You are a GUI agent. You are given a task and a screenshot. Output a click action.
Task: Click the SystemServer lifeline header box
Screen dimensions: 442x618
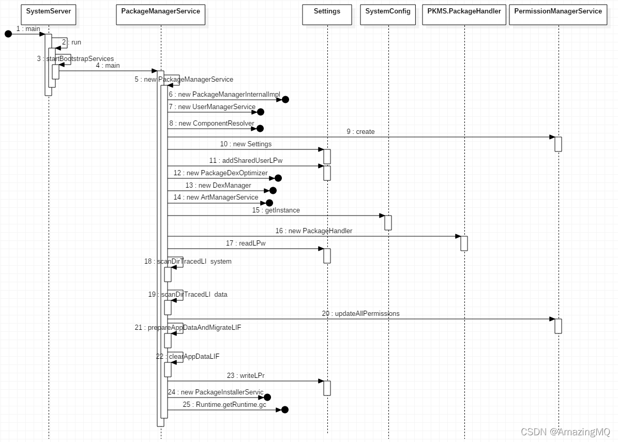point(48,14)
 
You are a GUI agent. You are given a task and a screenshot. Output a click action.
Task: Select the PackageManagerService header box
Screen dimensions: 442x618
point(160,14)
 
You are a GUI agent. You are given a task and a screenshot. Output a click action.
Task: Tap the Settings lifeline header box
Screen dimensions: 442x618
point(327,14)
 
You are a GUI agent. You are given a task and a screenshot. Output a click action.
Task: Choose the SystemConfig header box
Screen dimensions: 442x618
point(388,14)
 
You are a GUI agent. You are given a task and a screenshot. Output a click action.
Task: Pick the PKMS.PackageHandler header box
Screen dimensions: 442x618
point(464,14)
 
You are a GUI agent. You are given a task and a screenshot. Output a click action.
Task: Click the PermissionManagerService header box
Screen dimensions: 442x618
point(558,14)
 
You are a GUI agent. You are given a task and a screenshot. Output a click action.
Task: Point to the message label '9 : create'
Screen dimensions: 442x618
point(360,132)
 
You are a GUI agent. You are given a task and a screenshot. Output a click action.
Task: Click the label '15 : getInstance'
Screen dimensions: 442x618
point(276,210)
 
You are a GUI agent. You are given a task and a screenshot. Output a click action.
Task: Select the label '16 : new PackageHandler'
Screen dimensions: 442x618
point(313,231)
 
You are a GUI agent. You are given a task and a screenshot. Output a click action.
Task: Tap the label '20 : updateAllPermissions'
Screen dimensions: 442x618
point(360,314)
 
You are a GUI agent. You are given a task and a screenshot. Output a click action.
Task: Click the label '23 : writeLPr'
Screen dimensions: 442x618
point(246,376)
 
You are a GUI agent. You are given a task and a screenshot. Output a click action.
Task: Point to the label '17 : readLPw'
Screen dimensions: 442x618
point(246,243)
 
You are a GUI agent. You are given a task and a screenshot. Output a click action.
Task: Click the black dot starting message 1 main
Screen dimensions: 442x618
point(8,34)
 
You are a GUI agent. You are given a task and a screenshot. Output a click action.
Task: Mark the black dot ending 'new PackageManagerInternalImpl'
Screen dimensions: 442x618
point(285,99)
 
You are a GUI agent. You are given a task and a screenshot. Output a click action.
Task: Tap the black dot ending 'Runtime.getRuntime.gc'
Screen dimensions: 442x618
point(284,409)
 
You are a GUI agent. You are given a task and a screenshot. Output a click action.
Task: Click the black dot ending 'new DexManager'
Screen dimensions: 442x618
point(273,190)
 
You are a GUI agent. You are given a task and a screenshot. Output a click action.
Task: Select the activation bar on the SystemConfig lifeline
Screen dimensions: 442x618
point(388,222)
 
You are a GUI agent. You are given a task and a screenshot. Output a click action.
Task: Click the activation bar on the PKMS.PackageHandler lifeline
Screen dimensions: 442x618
point(464,243)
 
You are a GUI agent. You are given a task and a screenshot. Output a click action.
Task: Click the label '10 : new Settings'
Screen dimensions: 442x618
point(246,144)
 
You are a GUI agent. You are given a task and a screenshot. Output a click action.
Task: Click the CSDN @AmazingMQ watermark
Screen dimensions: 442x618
point(565,432)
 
